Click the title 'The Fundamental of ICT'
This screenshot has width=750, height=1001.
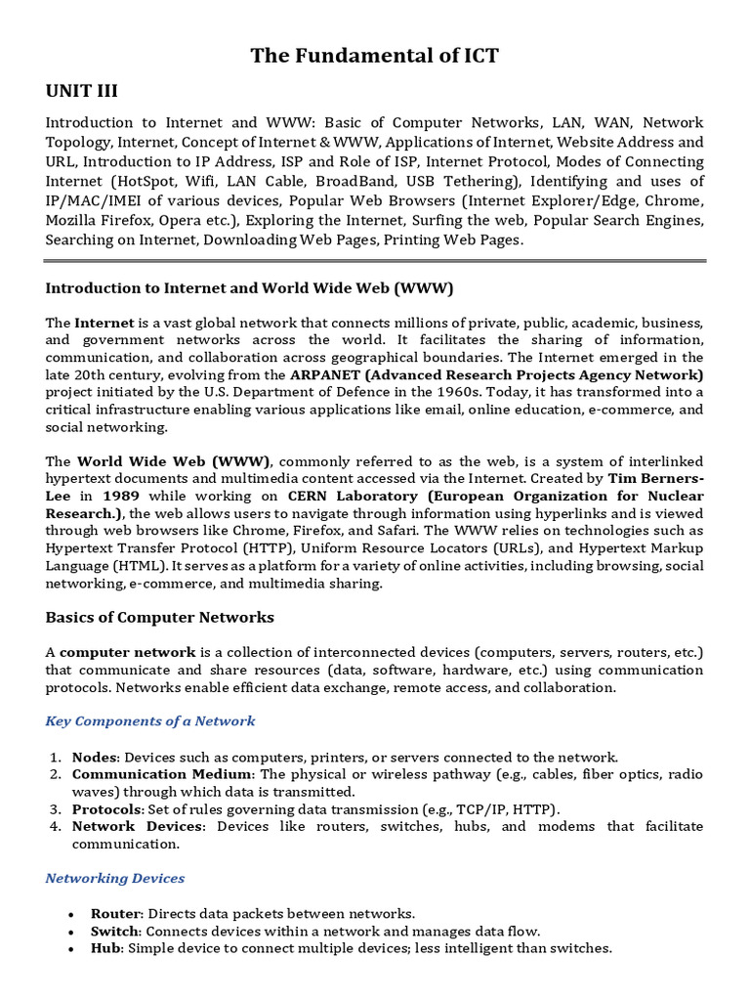coord(375,56)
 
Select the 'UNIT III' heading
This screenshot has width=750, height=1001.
coord(82,92)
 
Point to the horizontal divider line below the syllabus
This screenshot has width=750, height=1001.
coord(375,261)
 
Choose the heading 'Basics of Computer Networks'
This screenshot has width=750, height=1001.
coord(160,617)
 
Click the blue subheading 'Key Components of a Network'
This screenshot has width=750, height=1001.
coord(150,720)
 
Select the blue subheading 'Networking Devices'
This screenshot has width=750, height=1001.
coord(115,878)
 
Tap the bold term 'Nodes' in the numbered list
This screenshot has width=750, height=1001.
coord(95,757)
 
